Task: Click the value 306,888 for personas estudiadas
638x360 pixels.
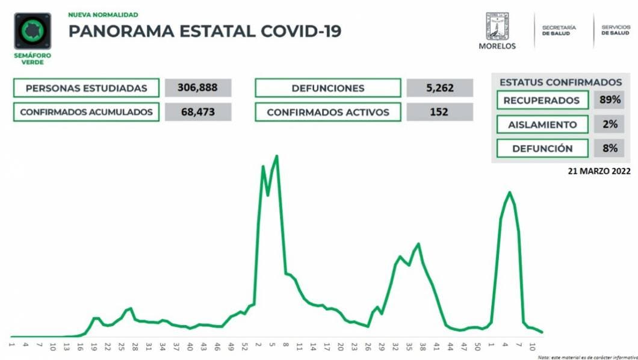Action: click(198, 88)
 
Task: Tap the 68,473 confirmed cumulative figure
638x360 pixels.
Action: click(198, 112)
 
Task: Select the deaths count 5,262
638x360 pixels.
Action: click(439, 88)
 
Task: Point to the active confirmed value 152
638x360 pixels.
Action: click(439, 112)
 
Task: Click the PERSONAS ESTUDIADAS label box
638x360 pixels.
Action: click(86, 88)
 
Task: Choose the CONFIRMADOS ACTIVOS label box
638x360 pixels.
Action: click(327, 112)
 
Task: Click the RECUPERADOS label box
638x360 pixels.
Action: click(542, 100)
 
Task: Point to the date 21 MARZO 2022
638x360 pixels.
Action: click(599, 170)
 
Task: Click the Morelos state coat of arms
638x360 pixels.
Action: click(497, 26)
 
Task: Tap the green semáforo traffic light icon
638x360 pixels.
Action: click(33, 31)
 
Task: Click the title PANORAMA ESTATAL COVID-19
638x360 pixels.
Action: click(205, 31)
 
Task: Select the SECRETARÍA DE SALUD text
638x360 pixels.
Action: click(559, 31)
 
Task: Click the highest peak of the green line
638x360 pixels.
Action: click(276, 157)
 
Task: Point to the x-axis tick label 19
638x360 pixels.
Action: click(94, 347)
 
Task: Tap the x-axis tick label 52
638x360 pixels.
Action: click(244, 347)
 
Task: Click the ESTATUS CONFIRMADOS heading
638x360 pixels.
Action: click(560, 82)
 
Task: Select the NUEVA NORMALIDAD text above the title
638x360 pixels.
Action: click(103, 14)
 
